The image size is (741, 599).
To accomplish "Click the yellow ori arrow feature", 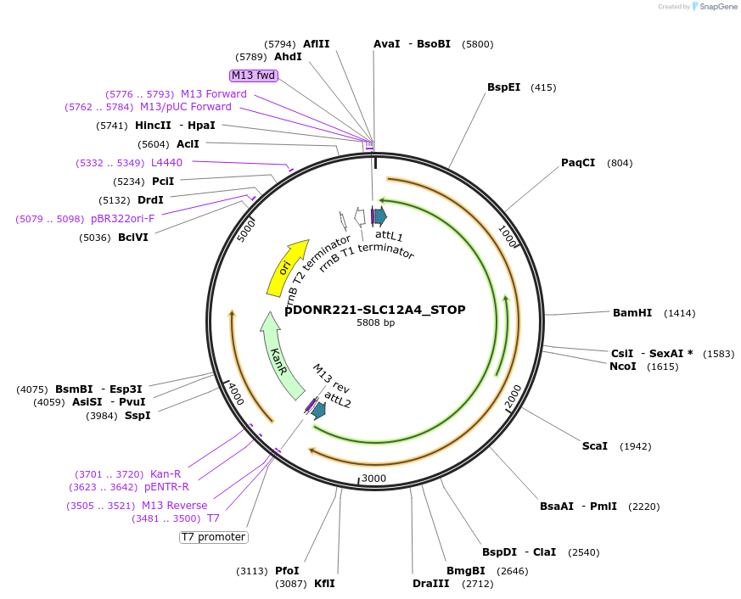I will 287,266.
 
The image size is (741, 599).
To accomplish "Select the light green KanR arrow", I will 283,356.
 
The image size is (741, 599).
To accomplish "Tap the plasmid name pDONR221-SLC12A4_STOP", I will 375,310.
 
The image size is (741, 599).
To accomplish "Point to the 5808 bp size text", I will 375,323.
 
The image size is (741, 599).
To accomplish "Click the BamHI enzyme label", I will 632,313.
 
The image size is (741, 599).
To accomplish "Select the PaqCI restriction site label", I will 578,163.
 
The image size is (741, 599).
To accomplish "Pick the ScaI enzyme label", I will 595,446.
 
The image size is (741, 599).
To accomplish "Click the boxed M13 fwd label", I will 254,76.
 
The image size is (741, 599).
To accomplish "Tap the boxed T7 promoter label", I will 213,537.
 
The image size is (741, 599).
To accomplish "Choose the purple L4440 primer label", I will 166,163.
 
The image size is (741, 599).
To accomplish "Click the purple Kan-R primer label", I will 166,473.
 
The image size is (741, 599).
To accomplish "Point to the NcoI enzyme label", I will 623,367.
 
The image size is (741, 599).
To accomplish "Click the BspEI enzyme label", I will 504,87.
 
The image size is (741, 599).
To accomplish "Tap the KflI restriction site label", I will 324,584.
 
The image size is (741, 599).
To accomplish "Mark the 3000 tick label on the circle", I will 373,479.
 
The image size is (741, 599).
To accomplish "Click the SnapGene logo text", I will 718,7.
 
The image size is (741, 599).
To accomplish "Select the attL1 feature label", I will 389,236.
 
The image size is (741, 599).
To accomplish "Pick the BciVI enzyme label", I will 133,238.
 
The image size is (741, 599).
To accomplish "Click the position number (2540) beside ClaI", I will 584,552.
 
